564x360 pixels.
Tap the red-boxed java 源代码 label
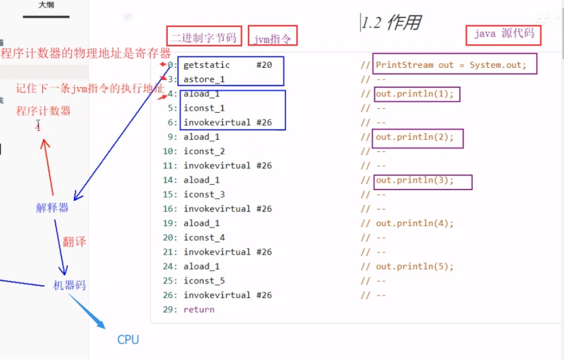pos(504,34)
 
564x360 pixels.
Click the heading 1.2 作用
pos(391,23)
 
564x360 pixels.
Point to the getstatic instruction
pos(207,65)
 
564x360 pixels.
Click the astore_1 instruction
pos(204,79)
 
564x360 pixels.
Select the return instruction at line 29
pos(199,310)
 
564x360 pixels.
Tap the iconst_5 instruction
pos(204,281)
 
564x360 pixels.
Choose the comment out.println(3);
pos(415,180)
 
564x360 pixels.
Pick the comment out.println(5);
pos(415,267)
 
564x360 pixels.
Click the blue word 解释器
pos(52,208)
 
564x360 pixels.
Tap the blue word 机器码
pos(70,285)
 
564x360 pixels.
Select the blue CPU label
pos(128,340)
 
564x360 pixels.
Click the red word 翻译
pos(75,242)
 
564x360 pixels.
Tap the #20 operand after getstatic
pos(264,65)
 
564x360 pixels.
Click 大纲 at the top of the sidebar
pos(46,5)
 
